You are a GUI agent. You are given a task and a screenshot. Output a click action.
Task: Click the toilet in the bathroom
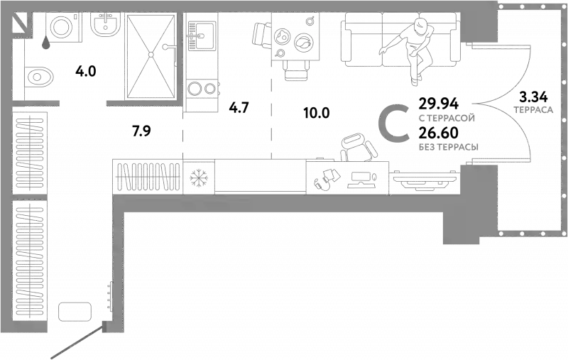[x=40, y=75]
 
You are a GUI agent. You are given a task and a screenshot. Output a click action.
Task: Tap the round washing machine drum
[x=59, y=28]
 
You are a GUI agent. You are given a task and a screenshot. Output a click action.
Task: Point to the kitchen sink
[x=200, y=32]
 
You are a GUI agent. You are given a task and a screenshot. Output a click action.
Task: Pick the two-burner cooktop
[x=200, y=87]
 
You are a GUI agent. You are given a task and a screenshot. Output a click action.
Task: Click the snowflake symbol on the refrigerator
[x=199, y=176]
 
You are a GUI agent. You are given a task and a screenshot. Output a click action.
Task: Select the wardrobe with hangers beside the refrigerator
[x=147, y=176]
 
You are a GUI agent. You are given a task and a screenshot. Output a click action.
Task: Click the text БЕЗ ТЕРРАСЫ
[x=448, y=147]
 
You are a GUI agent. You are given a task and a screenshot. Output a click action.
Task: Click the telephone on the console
[x=323, y=178]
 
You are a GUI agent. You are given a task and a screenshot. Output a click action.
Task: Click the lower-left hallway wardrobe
[x=31, y=263]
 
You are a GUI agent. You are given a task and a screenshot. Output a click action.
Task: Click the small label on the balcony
[x=531, y=108]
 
